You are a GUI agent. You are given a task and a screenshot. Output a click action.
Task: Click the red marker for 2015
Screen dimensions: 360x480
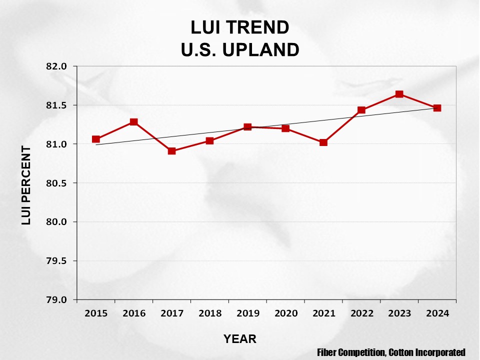pyautogui.click(x=96, y=139)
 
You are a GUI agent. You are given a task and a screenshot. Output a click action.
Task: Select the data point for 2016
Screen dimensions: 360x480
pyautogui.click(x=134, y=122)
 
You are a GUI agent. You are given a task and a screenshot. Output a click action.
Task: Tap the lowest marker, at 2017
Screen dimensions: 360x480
pyautogui.click(x=172, y=150)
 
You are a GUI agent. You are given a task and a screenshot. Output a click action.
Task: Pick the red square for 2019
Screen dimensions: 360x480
pyautogui.click(x=247, y=127)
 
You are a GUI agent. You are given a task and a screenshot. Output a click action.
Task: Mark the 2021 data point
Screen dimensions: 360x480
pyautogui.click(x=323, y=142)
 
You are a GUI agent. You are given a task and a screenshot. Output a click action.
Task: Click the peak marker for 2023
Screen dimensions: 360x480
pyautogui.click(x=399, y=94)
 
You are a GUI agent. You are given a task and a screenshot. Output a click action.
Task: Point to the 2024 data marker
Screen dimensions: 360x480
pyautogui.click(x=437, y=107)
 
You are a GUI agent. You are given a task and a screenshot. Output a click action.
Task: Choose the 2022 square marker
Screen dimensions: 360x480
pyautogui.click(x=361, y=110)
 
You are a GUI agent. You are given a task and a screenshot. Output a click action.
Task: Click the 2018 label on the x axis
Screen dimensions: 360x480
pyautogui.click(x=210, y=313)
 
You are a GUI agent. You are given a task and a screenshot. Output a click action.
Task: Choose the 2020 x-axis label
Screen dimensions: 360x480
pyautogui.click(x=285, y=313)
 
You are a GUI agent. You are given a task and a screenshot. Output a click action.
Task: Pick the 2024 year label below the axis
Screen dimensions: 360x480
pyautogui.click(x=437, y=313)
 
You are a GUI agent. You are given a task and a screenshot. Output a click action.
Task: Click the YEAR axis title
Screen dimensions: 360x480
pyautogui.click(x=240, y=339)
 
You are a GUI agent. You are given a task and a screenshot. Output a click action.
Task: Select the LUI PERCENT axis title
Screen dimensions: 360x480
pyautogui.click(x=26, y=185)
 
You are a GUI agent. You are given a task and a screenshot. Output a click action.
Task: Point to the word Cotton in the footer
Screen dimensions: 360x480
pyautogui.click(x=401, y=352)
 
